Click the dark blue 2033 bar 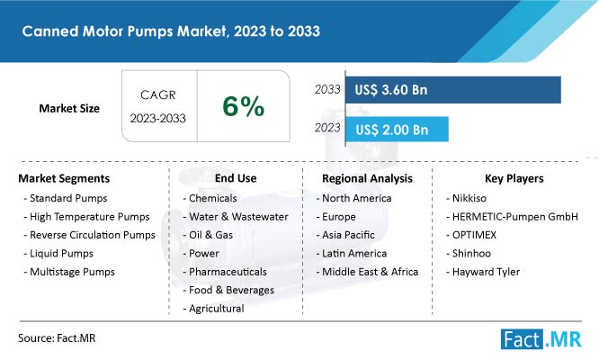point(453,90)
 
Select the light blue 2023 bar point(397,130)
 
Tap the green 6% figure point(244,106)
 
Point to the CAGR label point(157,94)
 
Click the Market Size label point(69,109)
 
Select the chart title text point(171,31)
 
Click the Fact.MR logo point(541,339)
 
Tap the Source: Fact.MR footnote point(57,338)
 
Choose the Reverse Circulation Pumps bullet point(93,235)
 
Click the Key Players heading point(514,178)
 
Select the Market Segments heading point(64,178)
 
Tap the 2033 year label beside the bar point(327,89)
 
